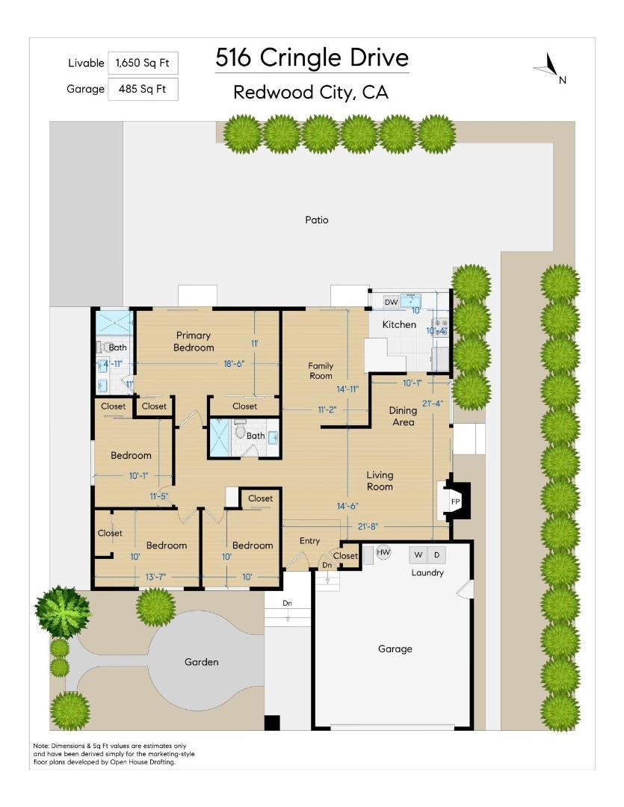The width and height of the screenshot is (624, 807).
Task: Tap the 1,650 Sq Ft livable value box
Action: tap(143, 64)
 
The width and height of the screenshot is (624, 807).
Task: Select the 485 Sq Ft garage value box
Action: tap(143, 89)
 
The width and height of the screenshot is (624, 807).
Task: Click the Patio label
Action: tap(317, 220)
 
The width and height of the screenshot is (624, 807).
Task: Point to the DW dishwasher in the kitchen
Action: tap(392, 302)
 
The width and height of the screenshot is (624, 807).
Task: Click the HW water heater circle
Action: tap(383, 552)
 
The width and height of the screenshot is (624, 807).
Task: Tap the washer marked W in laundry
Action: tap(418, 554)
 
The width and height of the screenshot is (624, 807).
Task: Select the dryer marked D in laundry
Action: tap(436, 554)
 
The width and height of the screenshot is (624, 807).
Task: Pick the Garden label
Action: tap(201, 662)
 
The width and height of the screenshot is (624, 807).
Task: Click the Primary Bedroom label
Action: tap(194, 341)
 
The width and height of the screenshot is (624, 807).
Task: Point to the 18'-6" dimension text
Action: tap(234, 363)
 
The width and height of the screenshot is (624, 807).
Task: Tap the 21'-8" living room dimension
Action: tap(368, 526)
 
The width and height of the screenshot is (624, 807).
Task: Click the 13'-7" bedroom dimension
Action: tap(155, 577)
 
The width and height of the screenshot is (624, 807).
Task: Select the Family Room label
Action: tap(321, 371)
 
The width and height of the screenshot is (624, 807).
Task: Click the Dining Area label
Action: tap(403, 416)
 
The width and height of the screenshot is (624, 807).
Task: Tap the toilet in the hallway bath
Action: tap(240, 431)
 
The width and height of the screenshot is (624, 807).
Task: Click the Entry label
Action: tap(309, 540)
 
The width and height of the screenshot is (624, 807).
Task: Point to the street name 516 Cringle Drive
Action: tap(312, 57)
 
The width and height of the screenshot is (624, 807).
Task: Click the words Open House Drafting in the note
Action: tap(142, 762)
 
